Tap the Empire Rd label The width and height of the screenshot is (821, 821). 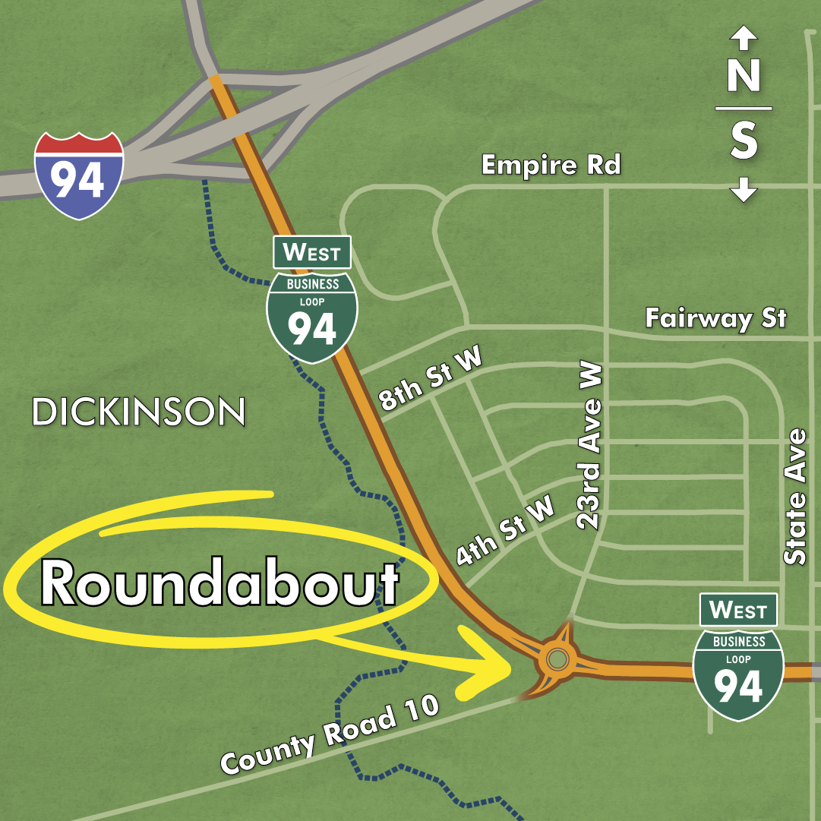tap(551, 165)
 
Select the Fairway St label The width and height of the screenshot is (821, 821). tap(715, 317)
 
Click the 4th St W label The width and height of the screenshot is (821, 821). tap(505, 532)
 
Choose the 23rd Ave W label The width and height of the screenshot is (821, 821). tap(590, 445)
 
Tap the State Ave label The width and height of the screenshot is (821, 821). tap(795, 497)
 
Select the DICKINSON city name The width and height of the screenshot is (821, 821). tap(139, 412)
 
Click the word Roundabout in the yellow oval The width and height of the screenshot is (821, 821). tap(219, 584)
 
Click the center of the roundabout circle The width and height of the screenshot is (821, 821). tap(557, 658)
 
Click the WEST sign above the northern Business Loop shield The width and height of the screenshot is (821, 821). tap(312, 252)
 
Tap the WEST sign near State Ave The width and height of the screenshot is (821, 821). tap(738, 610)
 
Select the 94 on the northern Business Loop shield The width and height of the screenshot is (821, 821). tap(312, 328)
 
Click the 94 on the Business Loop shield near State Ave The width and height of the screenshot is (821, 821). tap(738, 686)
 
